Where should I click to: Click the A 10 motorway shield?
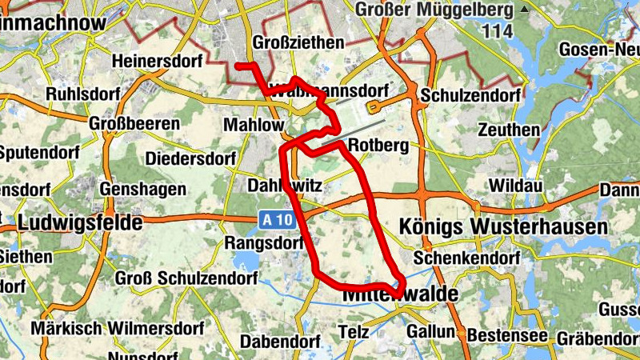274,218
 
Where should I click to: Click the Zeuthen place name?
508,129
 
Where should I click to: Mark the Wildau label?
515,186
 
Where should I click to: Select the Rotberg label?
379,146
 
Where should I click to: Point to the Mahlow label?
254,126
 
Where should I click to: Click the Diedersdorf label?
190,158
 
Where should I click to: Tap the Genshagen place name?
144,190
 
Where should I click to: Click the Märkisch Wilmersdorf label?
120,328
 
